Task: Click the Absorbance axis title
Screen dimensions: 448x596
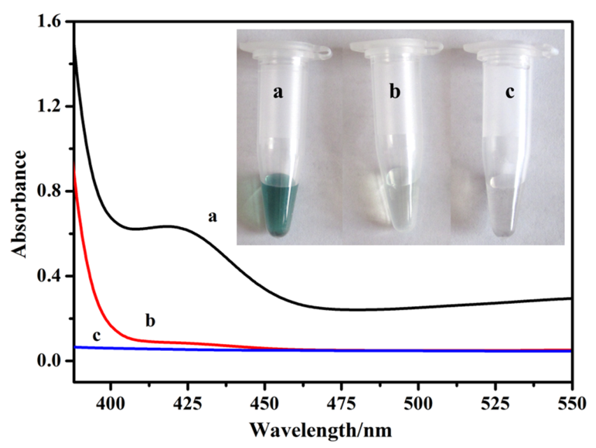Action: coord(20,203)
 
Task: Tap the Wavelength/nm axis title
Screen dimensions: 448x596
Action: coord(322,426)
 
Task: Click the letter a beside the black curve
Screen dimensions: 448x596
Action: coord(212,217)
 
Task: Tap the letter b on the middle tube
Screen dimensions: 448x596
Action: coord(395,92)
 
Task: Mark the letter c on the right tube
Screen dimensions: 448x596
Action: coord(506,92)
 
